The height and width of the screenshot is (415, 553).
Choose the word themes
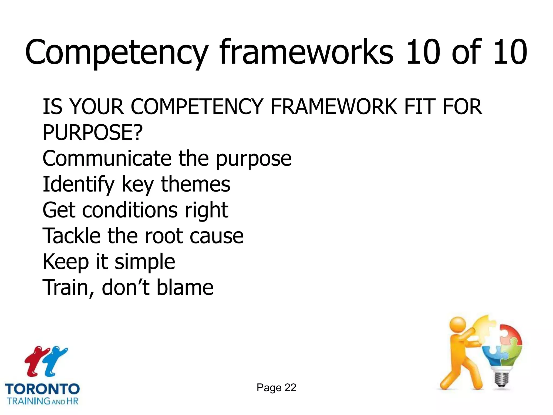195,184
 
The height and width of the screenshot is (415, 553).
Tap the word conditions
130,210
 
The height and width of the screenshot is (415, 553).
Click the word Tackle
72,236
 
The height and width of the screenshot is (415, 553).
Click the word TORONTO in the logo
42,389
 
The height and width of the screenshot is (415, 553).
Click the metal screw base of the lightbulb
501,378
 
